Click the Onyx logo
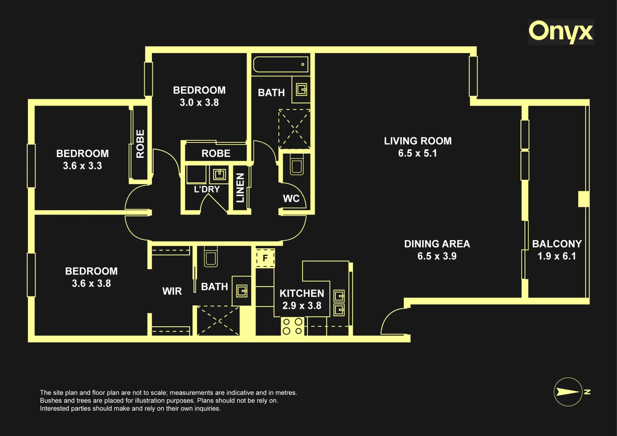pos(561,32)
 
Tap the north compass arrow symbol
pos(568,392)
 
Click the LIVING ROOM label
pos(418,141)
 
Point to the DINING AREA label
pos(437,244)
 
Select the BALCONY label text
pos(557,244)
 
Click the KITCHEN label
pos(302,293)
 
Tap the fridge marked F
pos(265,258)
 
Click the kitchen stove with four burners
pos(292,326)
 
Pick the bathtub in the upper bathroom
pos(281,64)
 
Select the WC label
pos(291,199)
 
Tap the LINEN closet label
pos(240,188)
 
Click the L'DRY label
pos(207,189)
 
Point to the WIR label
pos(172,291)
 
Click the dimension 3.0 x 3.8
pos(199,102)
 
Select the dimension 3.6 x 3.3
pos(82,166)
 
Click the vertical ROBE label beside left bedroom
pos(140,144)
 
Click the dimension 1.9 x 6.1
pos(557,256)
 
